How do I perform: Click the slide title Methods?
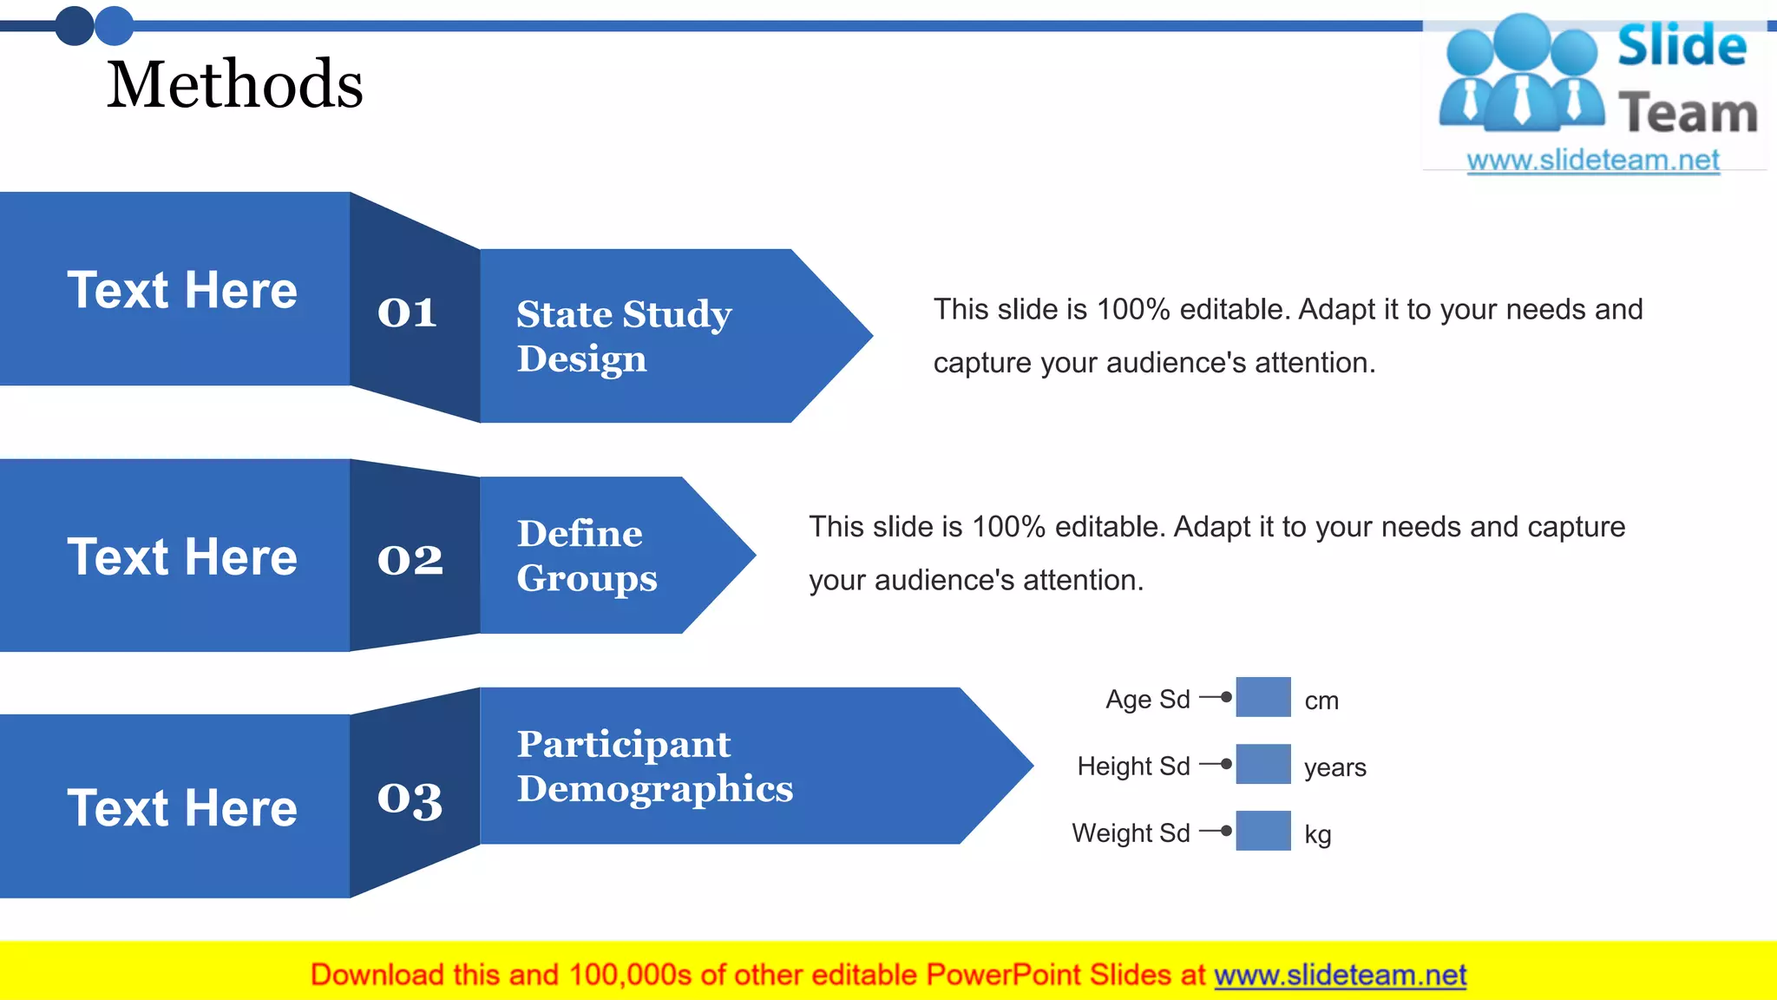[234, 84]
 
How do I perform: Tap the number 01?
[407, 313]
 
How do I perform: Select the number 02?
[410, 559]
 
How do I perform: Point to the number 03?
[410, 800]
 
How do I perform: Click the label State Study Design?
[624, 336]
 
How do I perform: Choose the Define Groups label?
[587, 556]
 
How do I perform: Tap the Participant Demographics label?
[654, 766]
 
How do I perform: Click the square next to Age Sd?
[1262, 697]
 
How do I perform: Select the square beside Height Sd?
[1262, 764]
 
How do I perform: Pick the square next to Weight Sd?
[1262, 831]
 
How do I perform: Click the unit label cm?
[1321, 701]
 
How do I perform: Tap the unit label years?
[1334, 767]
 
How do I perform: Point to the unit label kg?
[1317, 835]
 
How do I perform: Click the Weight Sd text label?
[1131, 833]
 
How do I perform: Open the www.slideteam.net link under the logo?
[1592, 161]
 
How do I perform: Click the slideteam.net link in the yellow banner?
[1340, 976]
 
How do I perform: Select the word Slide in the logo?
[1682, 46]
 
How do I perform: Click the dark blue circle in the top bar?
[75, 26]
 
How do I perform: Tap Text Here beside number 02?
[182, 556]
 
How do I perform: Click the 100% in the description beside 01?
[1133, 310]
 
